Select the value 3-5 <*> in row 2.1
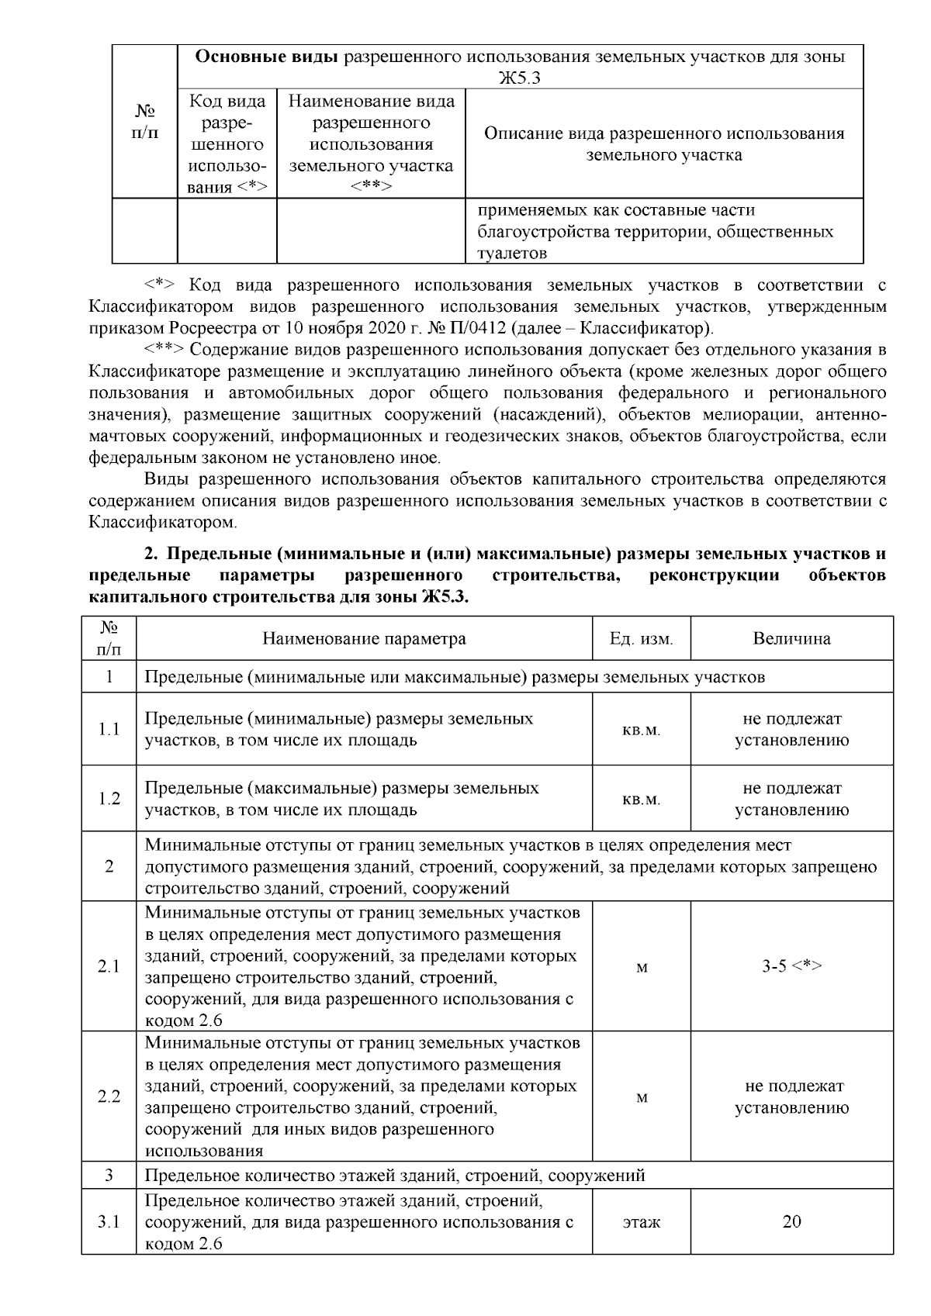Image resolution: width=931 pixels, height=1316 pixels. point(791,966)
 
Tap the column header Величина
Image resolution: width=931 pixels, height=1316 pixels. point(791,638)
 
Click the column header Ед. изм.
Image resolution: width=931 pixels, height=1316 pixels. point(641,638)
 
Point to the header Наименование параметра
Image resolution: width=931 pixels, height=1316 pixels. point(364,638)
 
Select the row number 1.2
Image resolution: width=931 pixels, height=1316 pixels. point(109,799)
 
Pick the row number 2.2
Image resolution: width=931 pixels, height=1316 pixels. point(109,1097)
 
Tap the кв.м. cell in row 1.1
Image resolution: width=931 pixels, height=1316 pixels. point(641,731)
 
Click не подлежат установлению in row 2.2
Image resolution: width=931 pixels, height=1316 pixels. point(791,1097)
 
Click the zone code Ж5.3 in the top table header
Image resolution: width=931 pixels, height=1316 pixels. point(520,78)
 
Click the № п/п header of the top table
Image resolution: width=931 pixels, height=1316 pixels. point(144,123)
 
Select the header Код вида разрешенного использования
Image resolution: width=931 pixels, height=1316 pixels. point(227,143)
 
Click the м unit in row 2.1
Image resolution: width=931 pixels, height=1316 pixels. point(641,967)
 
